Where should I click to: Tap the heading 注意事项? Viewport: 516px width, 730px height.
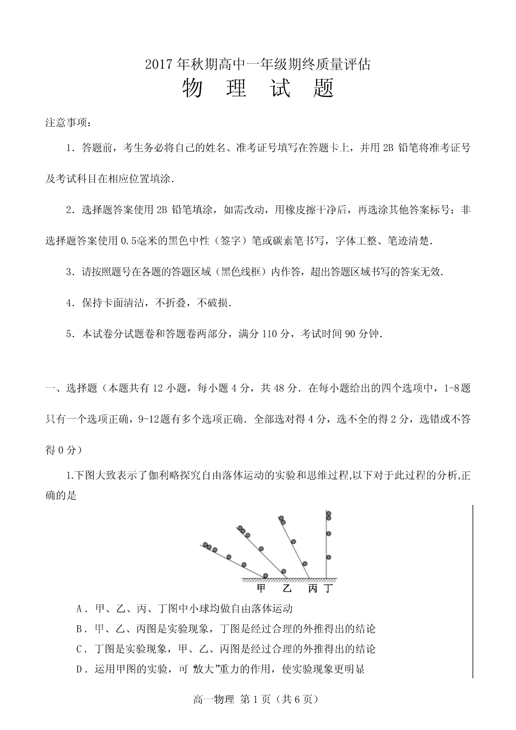pyautogui.click(x=65, y=123)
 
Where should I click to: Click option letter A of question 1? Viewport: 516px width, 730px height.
pyautogui.click(x=80, y=609)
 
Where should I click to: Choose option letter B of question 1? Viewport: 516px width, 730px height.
pyautogui.click(x=80, y=629)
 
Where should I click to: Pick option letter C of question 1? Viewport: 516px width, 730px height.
pyautogui.click(x=80, y=649)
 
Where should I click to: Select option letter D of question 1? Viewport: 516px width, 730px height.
pyautogui.click(x=80, y=669)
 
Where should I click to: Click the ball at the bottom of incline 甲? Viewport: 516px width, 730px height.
pyautogui.click(x=265, y=575)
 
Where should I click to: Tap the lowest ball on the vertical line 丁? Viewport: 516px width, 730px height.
pyautogui.click(x=329, y=557)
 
